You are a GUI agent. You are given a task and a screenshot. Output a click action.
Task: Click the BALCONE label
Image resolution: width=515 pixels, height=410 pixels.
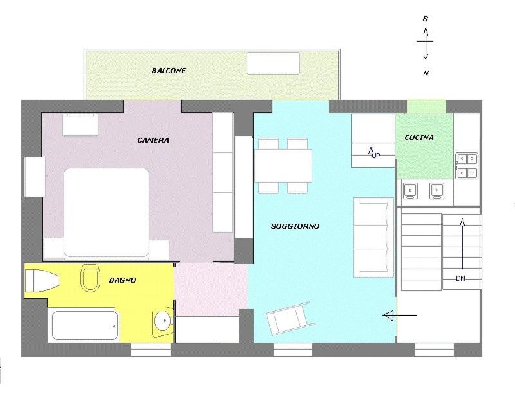(x=169, y=71)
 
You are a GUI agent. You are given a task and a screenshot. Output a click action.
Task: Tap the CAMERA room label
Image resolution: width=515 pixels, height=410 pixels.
(x=153, y=140)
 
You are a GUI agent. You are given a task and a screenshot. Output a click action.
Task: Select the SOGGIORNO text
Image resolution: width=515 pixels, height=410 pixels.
(x=295, y=226)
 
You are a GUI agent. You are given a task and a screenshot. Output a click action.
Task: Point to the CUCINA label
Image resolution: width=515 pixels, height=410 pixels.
(x=419, y=138)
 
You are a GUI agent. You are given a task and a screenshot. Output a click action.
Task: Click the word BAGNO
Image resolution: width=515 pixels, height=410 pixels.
(x=122, y=280)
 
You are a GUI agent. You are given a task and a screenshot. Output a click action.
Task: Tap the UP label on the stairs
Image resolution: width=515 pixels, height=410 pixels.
(x=376, y=156)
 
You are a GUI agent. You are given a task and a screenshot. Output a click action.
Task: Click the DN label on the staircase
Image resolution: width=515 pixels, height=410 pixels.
(x=460, y=278)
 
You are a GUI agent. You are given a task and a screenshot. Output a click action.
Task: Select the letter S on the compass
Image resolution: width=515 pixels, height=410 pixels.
(x=426, y=19)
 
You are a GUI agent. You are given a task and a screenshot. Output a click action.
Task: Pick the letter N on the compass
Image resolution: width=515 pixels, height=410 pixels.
(x=426, y=73)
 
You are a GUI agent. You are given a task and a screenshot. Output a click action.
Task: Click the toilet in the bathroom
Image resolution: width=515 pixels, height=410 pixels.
(x=90, y=278)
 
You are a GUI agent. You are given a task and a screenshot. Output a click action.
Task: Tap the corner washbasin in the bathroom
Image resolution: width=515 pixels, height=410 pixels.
(x=163, y=322)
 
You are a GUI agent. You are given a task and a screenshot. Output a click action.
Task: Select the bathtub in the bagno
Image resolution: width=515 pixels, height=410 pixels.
(x=85, y=325)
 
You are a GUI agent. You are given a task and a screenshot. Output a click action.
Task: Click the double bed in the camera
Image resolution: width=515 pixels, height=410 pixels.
(x=106, y=213)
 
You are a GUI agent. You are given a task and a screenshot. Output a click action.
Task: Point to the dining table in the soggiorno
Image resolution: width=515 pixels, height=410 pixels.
(x=283, y=166)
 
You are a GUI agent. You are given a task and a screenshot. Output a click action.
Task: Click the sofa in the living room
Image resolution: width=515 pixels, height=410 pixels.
(x=373, y=238)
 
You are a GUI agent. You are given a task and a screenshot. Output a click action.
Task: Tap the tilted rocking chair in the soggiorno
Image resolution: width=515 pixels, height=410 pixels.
(x=290, y=318)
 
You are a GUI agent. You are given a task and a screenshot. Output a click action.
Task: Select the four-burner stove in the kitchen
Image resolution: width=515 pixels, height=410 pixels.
(x=467, y=166)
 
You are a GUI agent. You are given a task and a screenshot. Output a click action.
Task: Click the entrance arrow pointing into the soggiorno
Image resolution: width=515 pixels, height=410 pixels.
(x=400, y=316)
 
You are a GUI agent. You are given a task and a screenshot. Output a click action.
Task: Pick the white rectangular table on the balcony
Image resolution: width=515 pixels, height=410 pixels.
(x=273, y=64)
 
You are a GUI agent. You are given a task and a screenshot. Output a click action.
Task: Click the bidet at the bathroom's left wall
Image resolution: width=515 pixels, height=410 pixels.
(x=42, y=281)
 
